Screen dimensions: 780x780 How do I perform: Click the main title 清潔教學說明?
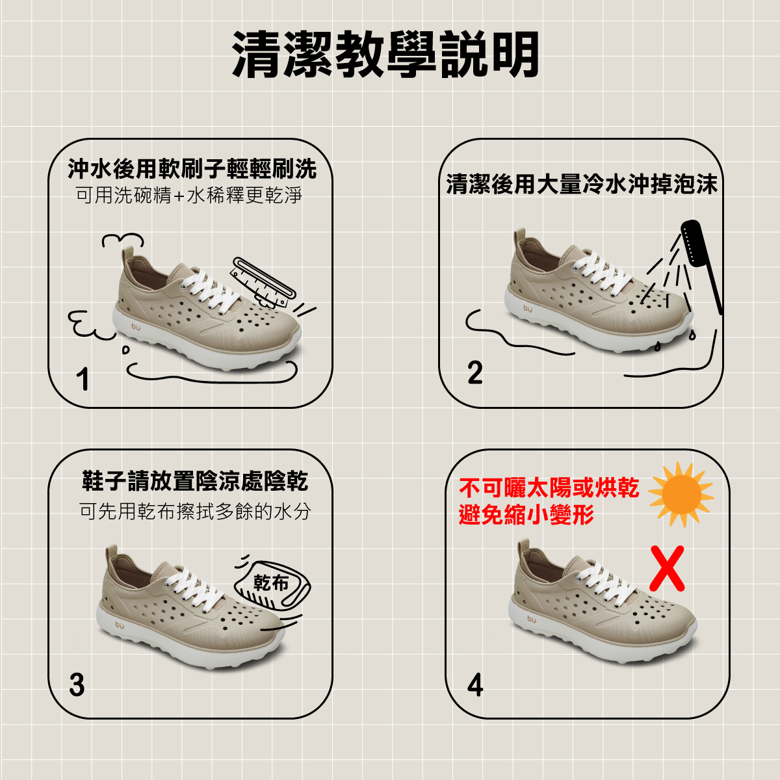point(385,55)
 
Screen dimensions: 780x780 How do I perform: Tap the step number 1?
point(83,379)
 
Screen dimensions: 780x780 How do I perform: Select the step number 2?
point(474,372)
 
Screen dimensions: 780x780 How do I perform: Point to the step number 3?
point(77,685)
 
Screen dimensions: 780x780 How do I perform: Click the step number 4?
point(475,685)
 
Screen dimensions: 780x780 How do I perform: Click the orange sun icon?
point(681,495)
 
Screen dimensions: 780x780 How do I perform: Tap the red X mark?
point(667,568)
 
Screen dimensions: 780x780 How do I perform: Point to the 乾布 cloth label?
point(270,583)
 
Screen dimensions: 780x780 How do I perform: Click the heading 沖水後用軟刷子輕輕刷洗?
point(192,168)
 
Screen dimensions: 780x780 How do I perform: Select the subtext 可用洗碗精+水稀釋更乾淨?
point(189,196)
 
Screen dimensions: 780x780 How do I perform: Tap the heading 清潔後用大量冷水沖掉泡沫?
point(582,184)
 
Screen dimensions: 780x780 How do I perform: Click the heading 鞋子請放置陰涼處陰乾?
point(195,481)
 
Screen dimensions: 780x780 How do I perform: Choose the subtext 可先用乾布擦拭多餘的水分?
point(195,512)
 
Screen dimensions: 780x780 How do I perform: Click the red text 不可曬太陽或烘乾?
point(549,487)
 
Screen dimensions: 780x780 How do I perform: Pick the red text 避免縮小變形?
point(526,514)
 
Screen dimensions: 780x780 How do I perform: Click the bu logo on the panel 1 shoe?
point(136,326)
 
